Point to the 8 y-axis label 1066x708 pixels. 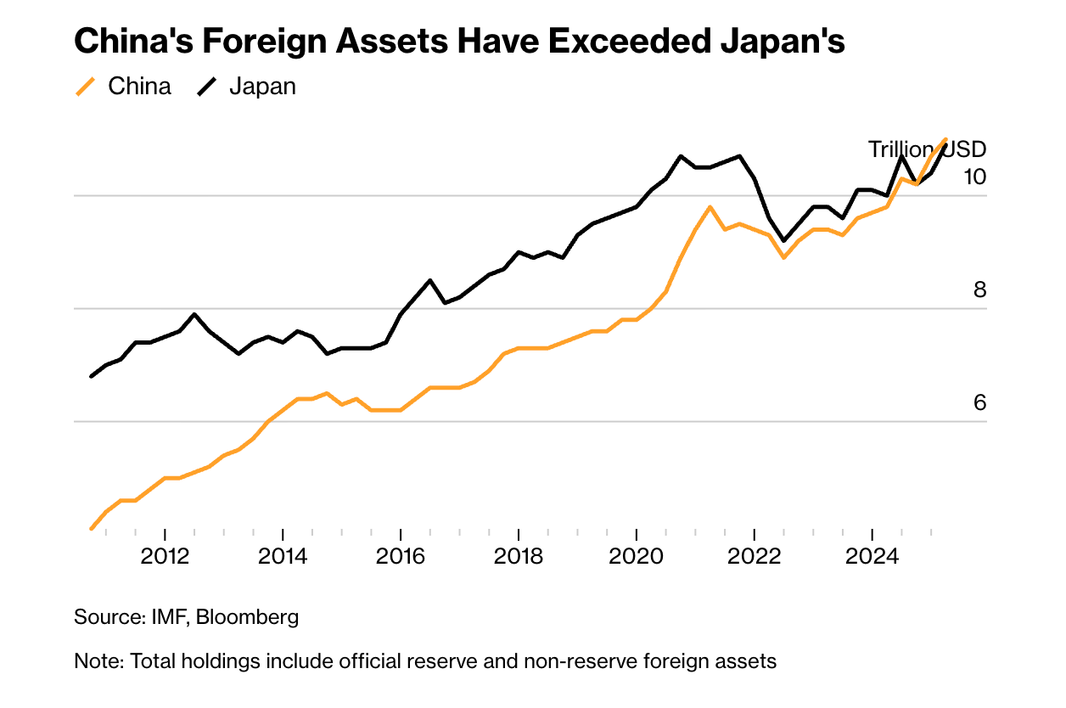tap(979, 290)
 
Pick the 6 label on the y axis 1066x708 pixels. tap(979, 403)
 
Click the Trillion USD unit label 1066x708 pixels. tap(927, 149)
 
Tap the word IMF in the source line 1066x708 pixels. tap(167, 617)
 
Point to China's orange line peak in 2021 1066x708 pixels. tap(710, 207)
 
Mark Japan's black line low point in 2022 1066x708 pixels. tap(784, 241)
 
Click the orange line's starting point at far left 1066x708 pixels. tap(91, 529)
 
